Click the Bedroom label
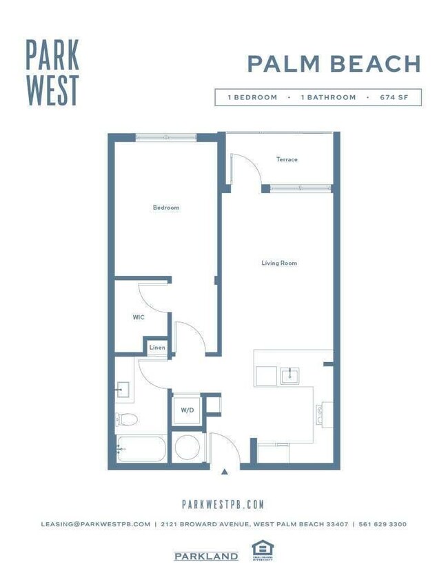tap(166, 208)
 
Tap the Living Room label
tap(279, 263)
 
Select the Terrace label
tap(287, 159)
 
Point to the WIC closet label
tap(138, 318)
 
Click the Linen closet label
tap(157, 348)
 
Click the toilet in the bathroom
tap(127, 419)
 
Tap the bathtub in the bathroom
tap(141, 449)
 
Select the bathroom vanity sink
tap(123, 390)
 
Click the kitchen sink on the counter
tap(289, 376)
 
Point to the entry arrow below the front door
tap(225, 472)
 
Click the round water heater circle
tap(187, 448)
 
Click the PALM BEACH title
tap(334, 64)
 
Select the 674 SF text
tap(394, 97)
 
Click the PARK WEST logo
tap(52, 72)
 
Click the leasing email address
tap(95, 524)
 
